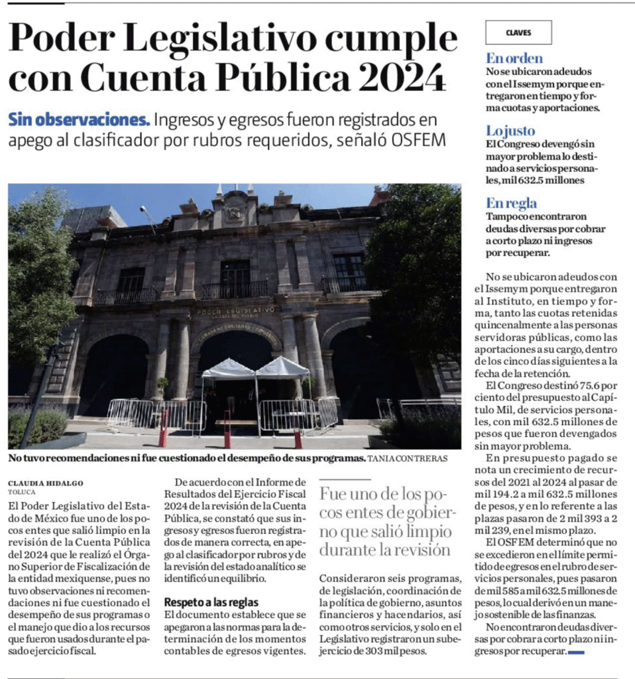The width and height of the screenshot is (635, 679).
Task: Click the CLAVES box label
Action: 518,32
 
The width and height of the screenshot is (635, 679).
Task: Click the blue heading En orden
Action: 514,58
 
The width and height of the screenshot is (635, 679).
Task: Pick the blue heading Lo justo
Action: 510,131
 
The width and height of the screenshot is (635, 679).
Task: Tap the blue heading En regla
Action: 512,203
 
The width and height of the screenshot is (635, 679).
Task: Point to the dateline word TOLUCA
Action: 22,492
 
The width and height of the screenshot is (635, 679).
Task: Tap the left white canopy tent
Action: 228,369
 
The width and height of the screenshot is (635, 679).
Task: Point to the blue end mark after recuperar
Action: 576,652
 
